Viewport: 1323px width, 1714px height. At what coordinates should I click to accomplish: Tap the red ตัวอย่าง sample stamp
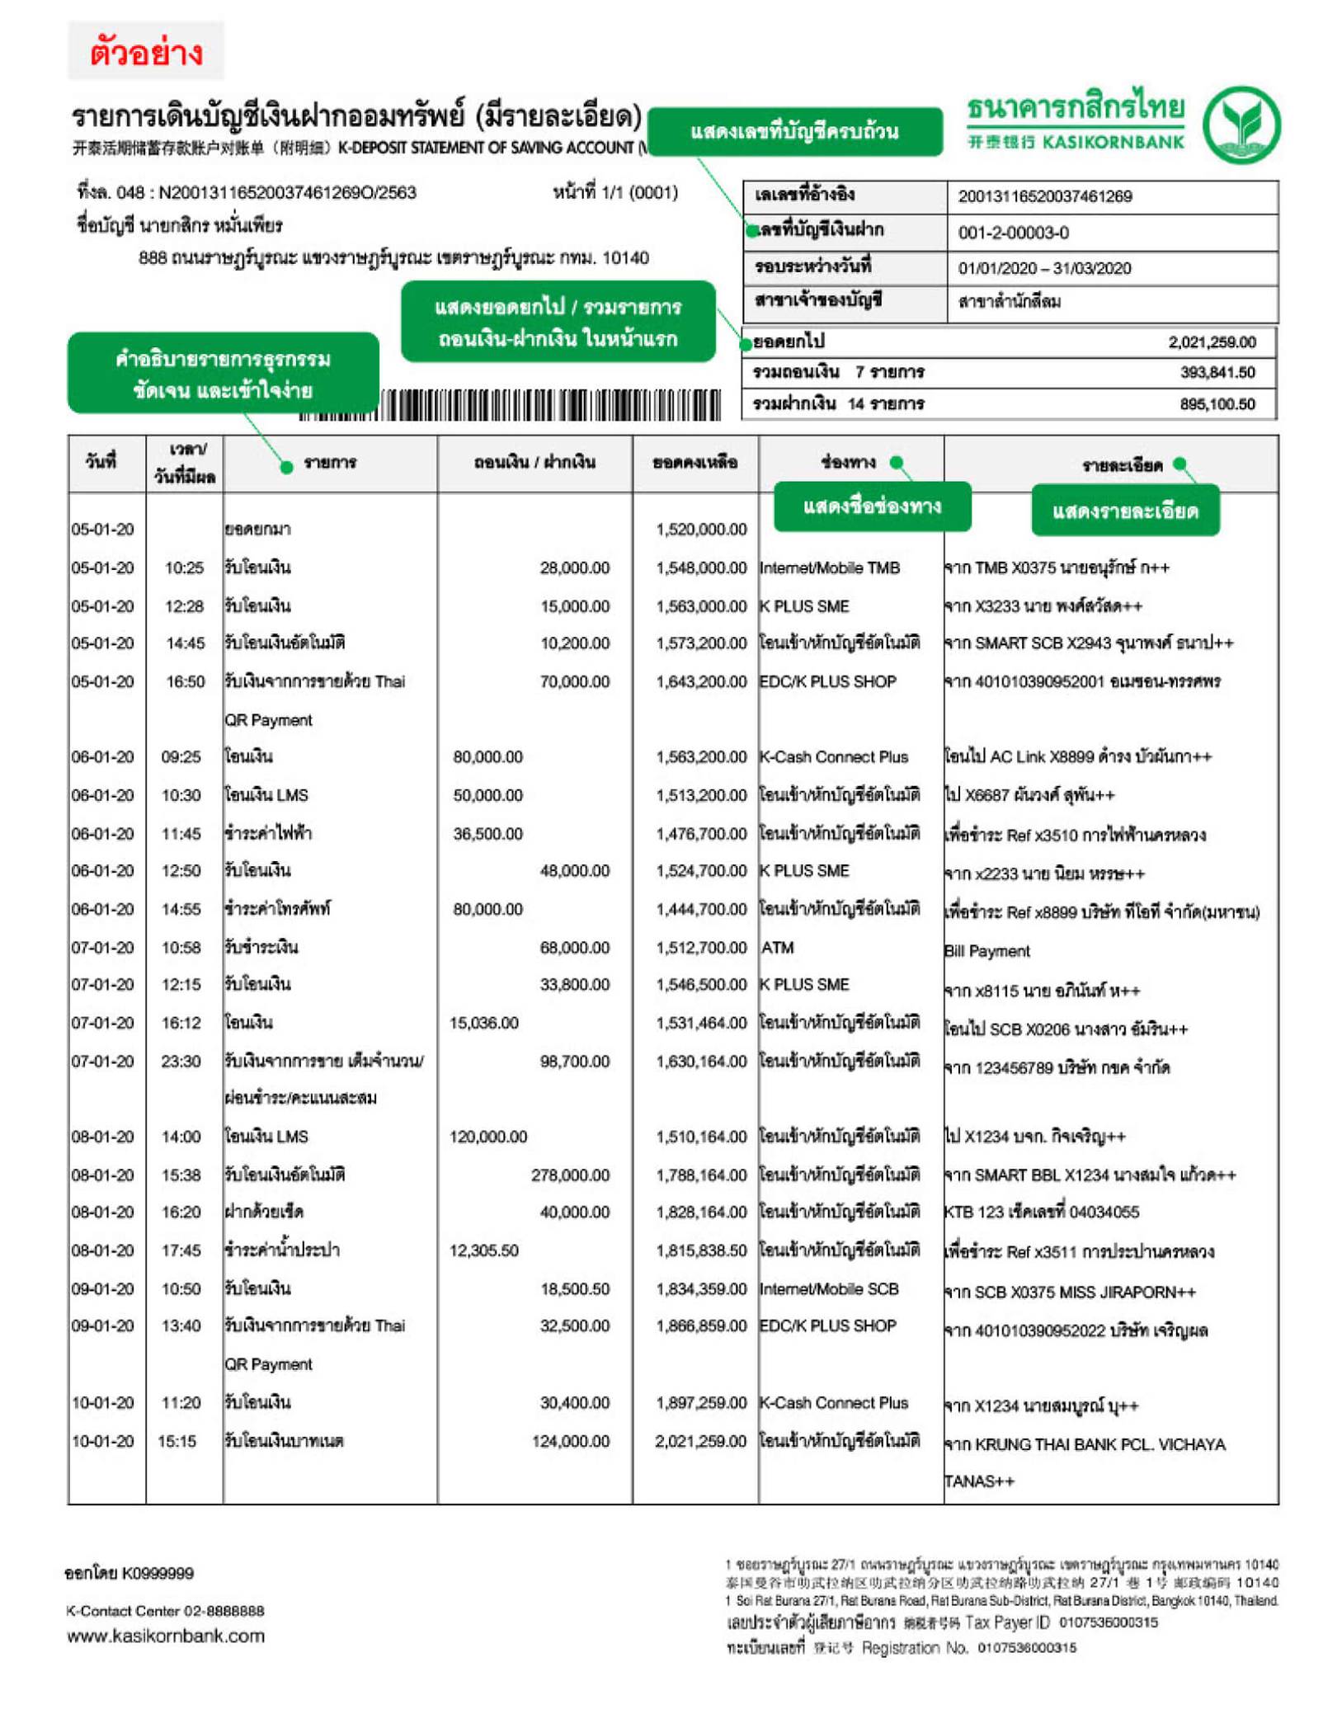(146, 52)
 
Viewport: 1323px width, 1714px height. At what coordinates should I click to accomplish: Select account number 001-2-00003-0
(1013, 233)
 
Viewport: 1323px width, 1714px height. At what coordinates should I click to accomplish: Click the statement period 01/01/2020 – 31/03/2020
(1044, 268)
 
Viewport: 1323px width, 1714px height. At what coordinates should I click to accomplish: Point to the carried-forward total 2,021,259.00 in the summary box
(1211, 341)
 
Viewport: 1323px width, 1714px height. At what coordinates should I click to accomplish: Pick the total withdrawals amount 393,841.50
(1217, 372)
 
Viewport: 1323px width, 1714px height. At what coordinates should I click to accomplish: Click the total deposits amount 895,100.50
(1217, 403)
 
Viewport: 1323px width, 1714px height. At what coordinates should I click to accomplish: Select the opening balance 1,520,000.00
(701, 529)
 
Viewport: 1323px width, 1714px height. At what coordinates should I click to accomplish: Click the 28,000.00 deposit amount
(574, 567)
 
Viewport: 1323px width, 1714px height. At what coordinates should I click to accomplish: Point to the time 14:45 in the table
(185, 643)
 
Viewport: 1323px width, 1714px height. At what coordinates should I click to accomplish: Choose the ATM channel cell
(777, 948)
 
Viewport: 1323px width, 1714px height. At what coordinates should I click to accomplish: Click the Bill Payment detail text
(986, 951)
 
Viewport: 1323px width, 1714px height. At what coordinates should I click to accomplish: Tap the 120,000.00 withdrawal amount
(487, 1137)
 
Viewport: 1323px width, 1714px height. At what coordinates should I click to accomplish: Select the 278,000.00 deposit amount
(570, 1175)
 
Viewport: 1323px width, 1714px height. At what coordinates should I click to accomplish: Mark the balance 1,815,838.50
(701, 1250)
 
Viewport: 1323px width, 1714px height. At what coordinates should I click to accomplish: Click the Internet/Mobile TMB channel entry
(829, 567)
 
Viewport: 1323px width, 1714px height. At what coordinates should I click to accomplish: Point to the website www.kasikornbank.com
(166, 1636)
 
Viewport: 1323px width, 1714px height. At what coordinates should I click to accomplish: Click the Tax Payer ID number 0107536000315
(1108, 1622)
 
